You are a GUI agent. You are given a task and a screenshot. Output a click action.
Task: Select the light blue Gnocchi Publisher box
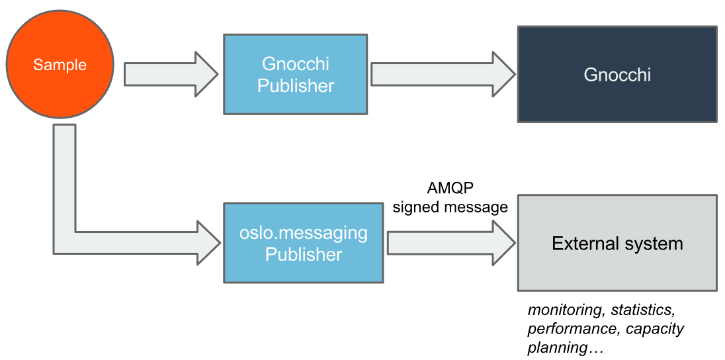(x=296, y=75)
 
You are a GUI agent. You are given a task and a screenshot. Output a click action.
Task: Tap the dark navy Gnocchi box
(x=617, y=74)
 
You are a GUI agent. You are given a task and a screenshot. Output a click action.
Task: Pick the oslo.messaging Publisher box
(x=304, y=244)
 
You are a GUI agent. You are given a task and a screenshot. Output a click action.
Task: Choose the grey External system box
(x=617, y=243)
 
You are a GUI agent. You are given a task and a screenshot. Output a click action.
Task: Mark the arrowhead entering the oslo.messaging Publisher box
(x=208, y=243)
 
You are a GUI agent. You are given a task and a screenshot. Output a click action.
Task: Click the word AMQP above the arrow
(x=450, y=188)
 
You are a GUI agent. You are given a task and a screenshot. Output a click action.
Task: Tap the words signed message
(x=450, y=207)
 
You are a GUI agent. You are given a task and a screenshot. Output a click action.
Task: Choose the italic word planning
(x=557, y=347)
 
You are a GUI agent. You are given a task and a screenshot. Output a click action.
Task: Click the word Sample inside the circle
(x=60, y=65)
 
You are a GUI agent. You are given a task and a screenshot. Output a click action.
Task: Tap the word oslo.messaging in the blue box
(x=304, y=234)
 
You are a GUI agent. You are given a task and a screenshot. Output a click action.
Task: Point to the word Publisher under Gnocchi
(x=296, y=86)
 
